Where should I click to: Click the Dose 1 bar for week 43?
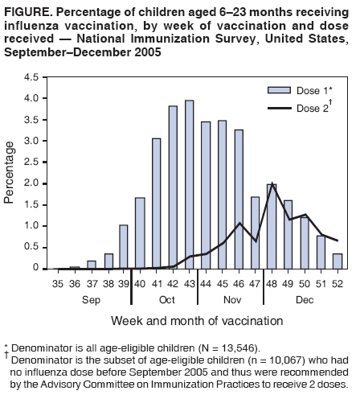190,184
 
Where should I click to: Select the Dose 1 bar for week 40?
140,233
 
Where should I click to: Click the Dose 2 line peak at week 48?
272,183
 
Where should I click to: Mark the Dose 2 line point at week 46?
239,223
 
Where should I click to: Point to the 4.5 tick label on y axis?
32,77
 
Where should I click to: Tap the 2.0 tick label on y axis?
32,183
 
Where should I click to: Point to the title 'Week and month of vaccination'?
196,320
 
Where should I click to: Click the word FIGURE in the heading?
27,10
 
